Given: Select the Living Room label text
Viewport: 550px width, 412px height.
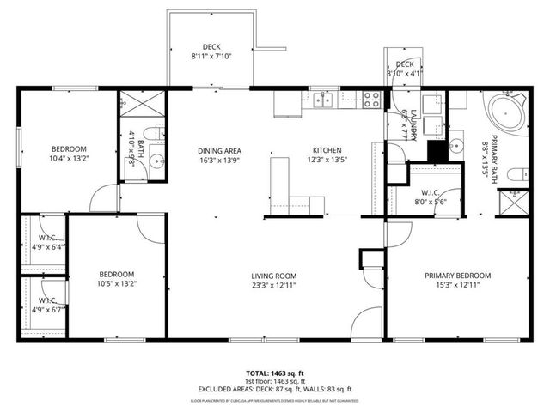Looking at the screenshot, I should coord(274,281).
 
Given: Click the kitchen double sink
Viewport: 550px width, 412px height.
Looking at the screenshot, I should coord(324,100).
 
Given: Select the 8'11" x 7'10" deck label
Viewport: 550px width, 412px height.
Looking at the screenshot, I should coord(211,51).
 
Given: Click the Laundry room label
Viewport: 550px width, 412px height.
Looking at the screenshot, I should coord(407,125).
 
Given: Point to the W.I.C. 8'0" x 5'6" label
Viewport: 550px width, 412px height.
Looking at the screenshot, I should coord(431,196).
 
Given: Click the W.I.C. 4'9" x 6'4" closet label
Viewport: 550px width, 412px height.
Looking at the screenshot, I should coord(47,242).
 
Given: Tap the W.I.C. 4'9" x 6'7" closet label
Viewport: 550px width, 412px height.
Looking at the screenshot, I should coord(47,305).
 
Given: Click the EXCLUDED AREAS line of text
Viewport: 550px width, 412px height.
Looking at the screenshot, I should coord(274,389).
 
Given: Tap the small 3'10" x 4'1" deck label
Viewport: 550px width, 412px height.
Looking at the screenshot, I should coord(405,70).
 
